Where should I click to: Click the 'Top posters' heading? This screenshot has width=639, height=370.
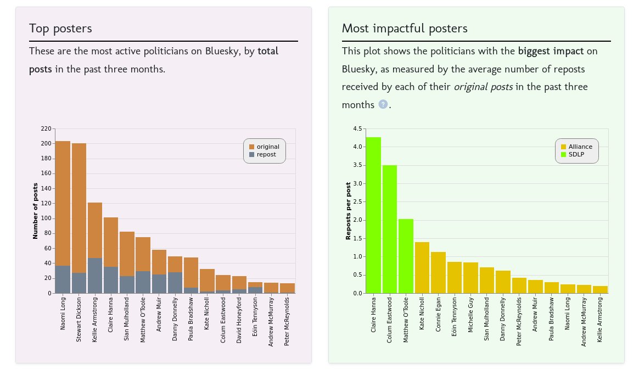[x=60, y=29]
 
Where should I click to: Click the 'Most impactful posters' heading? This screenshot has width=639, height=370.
[x=405, y=29]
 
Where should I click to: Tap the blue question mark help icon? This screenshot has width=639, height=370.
[x=383, y=104]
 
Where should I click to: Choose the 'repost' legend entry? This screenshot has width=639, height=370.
[x=264, y=155]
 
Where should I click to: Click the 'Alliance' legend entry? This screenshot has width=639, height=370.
[x=576, y=147]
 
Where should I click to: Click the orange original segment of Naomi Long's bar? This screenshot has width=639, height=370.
[x=63, y=203]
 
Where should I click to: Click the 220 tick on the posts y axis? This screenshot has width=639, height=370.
[x=46, y=129]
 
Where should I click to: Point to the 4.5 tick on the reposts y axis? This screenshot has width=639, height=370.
[x=357, y=129]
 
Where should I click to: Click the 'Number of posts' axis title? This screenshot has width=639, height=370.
[x=35, y=211]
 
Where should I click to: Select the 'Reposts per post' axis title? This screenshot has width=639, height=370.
[x=348, y=211]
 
